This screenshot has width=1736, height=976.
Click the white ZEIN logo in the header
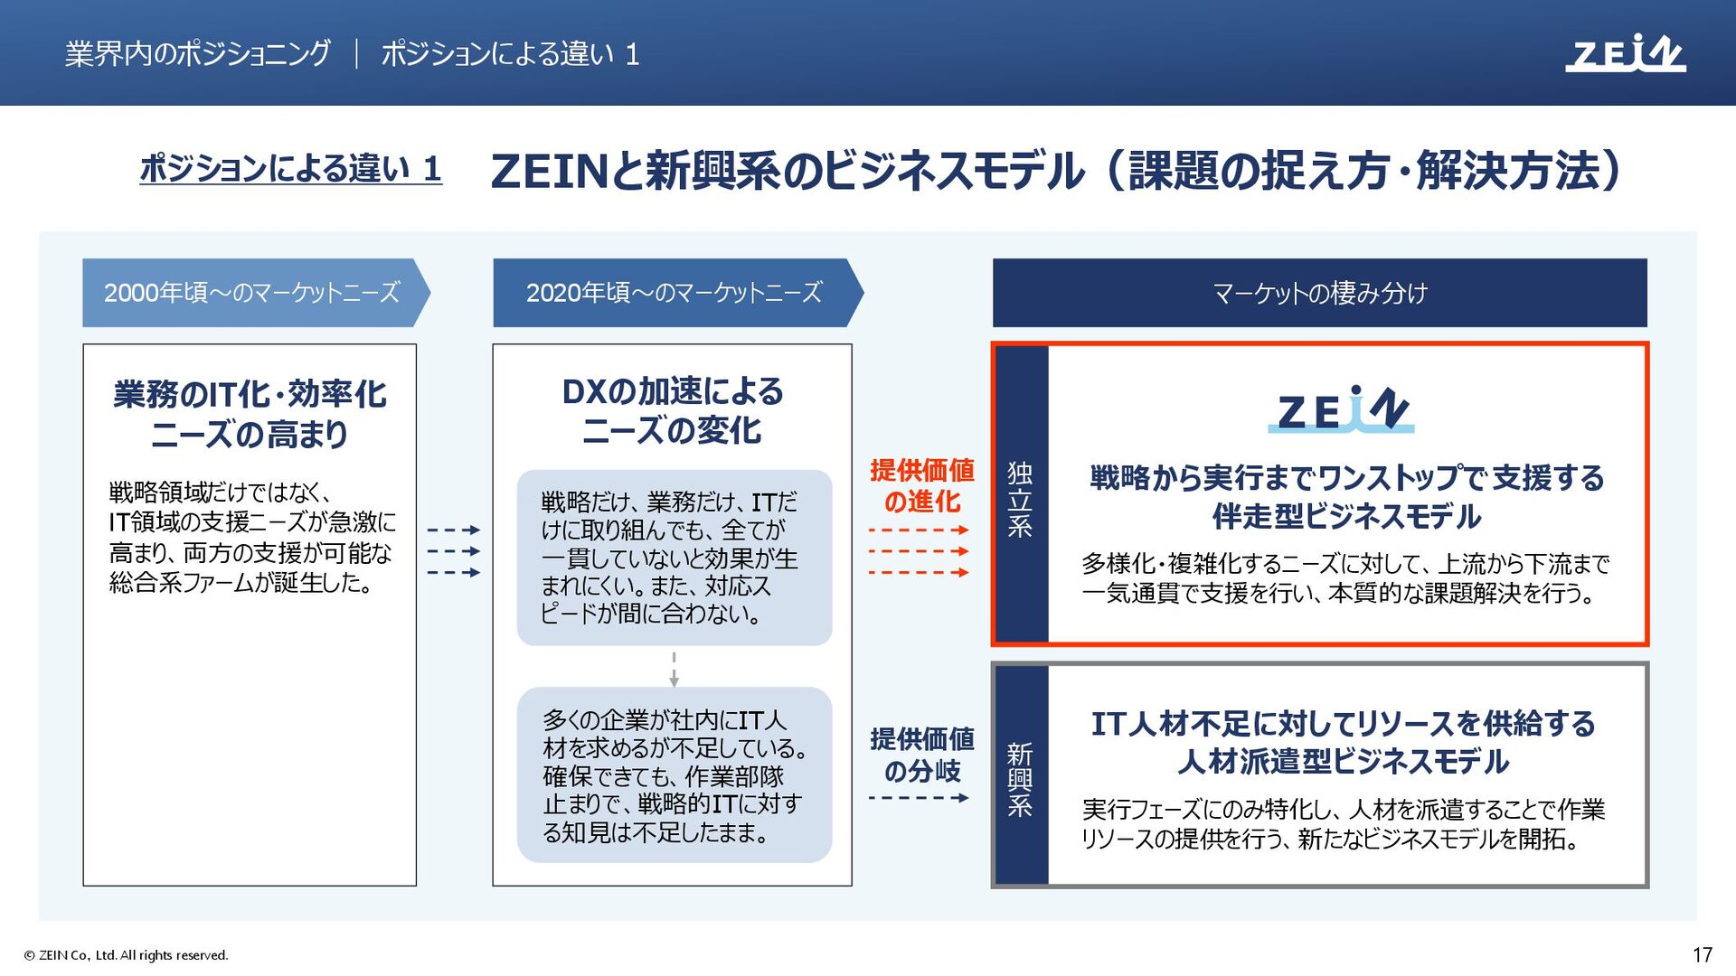[1625, 53]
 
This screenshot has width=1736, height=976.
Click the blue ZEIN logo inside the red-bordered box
[1341, 409]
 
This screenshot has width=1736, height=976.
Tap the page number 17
[1702, 954]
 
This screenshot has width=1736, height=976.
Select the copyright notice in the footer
[126, 955]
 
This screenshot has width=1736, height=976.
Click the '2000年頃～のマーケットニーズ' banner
[252, 293]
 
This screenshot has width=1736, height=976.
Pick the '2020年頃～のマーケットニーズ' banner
[674, 293]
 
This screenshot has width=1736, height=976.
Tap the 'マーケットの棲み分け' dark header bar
[1319, 293]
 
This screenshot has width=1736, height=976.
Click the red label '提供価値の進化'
[921, 485]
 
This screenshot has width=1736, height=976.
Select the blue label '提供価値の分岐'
[921, 755]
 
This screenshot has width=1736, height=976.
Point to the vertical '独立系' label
[1020, 499]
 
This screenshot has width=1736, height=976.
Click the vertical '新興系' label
[1020, 779]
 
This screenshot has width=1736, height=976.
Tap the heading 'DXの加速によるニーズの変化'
[672, 410]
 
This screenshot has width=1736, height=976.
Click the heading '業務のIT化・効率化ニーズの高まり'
[250, 414]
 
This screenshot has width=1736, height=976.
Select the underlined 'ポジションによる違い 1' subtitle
[290, 169]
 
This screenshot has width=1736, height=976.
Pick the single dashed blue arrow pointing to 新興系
[918, 798]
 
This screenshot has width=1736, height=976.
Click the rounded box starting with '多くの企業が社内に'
[674, 775]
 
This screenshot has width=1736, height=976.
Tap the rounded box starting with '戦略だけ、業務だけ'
[674, 558]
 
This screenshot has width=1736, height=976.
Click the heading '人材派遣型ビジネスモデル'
[1343, 762]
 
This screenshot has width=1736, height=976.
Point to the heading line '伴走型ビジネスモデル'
[1346, 517]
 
